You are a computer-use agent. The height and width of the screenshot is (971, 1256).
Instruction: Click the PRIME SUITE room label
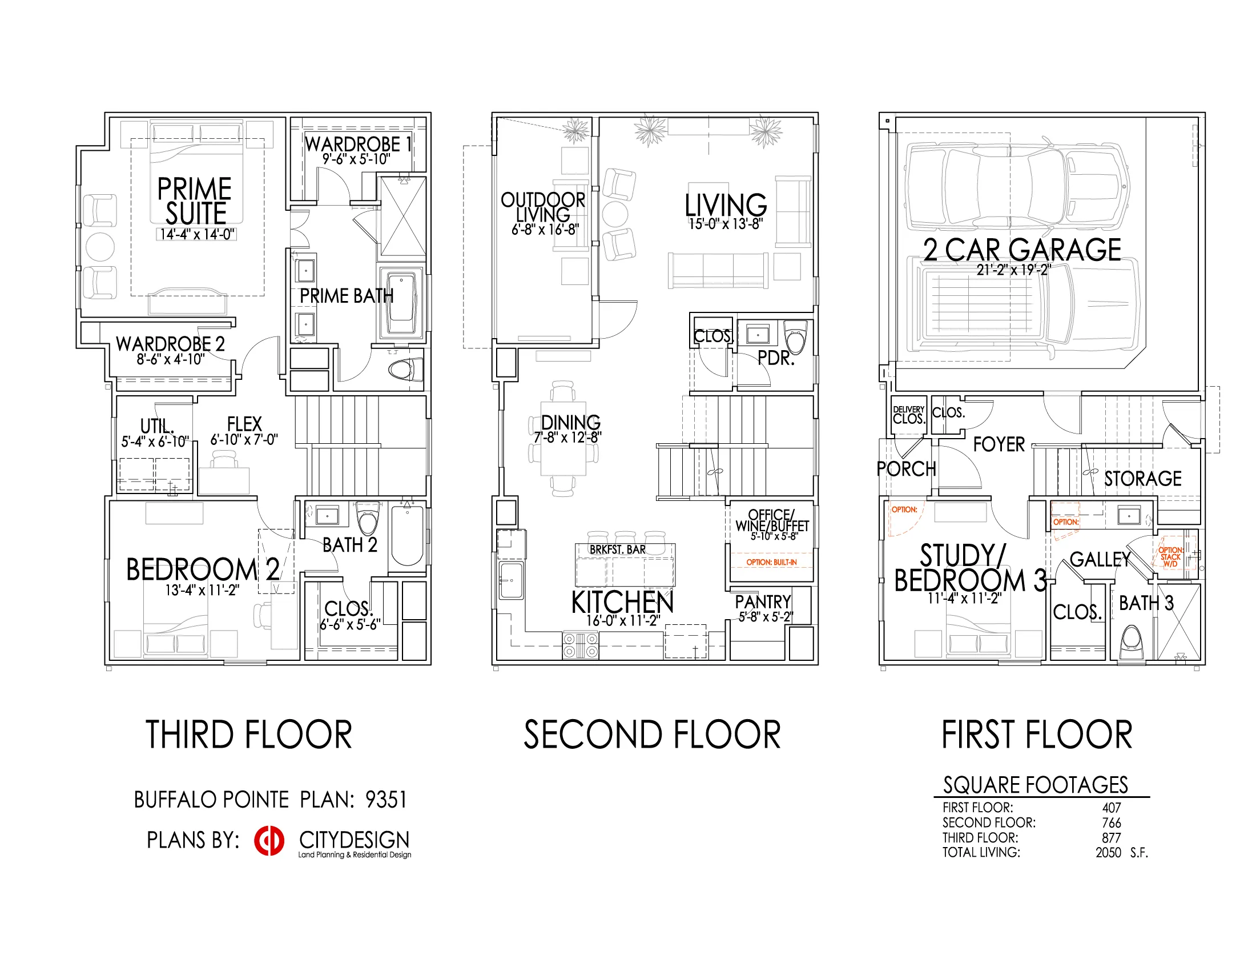195,200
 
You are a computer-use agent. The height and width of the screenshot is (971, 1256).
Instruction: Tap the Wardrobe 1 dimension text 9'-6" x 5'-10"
356,159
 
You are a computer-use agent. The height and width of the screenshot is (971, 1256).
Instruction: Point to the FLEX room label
244,424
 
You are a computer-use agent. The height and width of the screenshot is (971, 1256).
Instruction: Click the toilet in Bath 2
368,518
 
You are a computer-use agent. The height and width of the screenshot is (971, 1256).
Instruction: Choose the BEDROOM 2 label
203,569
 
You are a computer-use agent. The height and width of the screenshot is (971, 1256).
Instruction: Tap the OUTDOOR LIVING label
543,207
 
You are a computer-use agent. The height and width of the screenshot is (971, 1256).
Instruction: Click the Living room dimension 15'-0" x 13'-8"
726,224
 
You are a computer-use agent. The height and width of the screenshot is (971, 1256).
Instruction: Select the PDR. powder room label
776,358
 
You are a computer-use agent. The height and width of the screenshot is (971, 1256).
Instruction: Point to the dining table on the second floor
563,438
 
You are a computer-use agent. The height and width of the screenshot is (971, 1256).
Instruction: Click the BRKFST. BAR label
618,550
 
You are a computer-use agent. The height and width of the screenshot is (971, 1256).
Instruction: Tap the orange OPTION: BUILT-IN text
771,562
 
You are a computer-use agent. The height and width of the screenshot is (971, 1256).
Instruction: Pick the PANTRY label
763,601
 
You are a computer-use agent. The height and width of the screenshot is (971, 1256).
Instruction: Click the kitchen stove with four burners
580,645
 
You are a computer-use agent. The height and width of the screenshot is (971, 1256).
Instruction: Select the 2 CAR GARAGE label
1022,250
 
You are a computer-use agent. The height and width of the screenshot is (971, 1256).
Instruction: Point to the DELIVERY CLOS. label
909,415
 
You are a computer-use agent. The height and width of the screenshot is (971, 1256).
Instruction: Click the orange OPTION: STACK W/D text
1170,557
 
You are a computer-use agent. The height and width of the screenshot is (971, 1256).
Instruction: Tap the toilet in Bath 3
1132,644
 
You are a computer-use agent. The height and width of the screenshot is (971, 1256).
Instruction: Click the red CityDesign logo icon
269,840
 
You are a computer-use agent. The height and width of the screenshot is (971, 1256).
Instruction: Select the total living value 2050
1108,853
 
